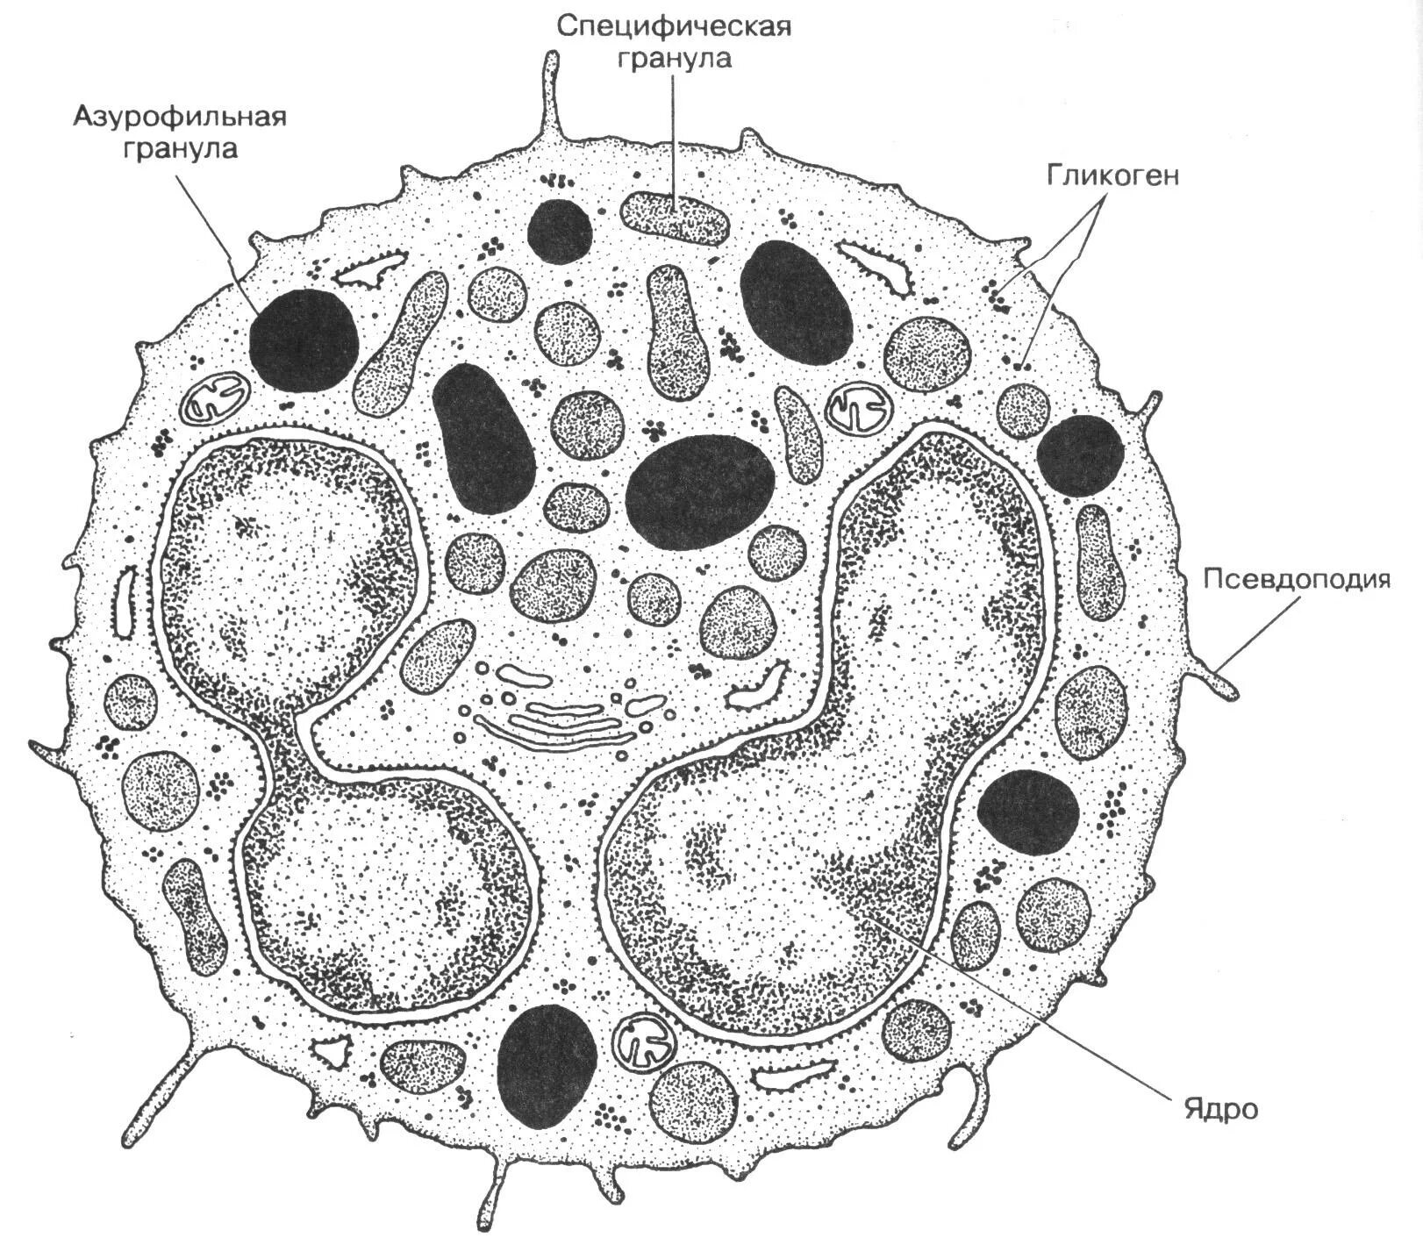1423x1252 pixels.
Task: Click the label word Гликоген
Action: click(1112, 175)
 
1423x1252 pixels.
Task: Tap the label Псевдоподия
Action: click(1297, 580)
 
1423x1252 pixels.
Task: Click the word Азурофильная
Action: click(180, 116)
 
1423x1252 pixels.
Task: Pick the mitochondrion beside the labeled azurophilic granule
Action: click(216, 397)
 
